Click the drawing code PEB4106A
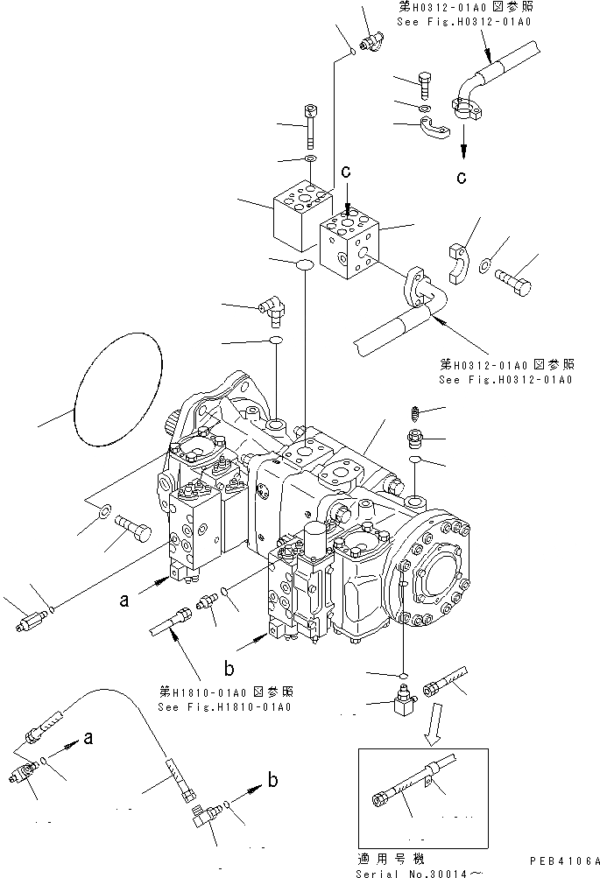pos(564,860)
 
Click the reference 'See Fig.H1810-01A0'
pos(225,706)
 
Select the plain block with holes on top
pos(293,214)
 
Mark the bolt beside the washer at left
pos(134,528)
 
